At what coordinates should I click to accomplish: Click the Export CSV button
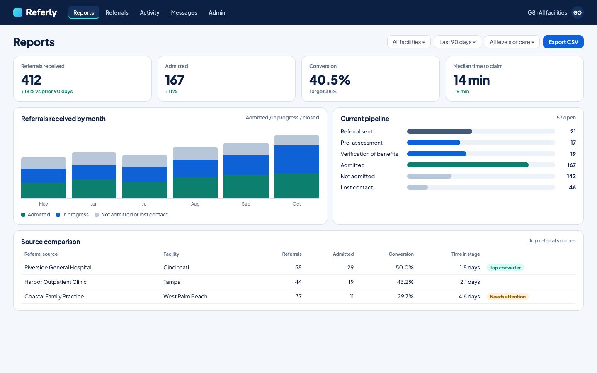(x=563, y=42)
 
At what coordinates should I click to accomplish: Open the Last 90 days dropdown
(x=457, y=42)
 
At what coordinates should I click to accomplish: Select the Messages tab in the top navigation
(x=184, y=12)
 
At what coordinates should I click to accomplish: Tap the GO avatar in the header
(x=577, y=12)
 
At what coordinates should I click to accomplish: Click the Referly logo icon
(x=18, y=12)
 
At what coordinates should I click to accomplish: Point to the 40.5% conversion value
(x=330, y=80)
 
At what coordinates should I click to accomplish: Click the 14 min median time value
(x=471, y=80)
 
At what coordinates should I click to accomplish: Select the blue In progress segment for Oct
(x=297, y=159)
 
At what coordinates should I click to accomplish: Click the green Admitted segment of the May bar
(x=44, y=190)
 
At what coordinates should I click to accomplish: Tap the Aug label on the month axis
(x=195, y=204)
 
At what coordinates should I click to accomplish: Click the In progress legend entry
(x=72, y=215)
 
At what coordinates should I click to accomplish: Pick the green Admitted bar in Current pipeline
(x=468, y=165)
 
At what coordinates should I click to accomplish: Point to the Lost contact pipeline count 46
(x=572, y=187)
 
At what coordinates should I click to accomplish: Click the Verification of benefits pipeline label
(x=369, y=154)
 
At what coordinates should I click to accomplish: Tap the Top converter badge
(x=505, y=267)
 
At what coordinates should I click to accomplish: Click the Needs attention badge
(x=507, y=297)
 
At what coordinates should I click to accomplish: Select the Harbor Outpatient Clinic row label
(x=56, y=282)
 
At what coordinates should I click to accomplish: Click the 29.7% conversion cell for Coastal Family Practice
(x=405, y=296)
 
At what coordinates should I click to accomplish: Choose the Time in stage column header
(x=465, y=254)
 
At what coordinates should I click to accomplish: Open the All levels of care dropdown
(x=512, y=42)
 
